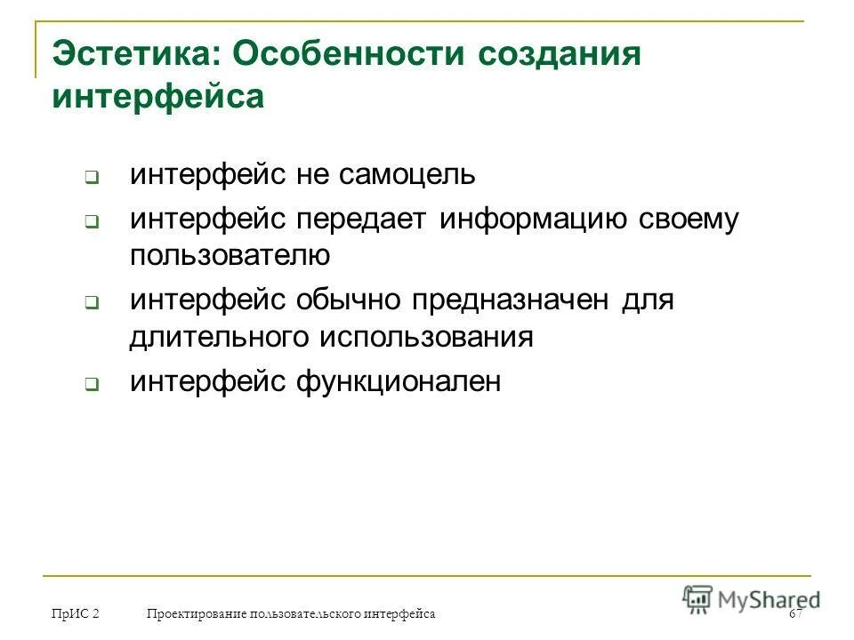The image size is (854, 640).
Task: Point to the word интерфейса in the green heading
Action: (158, 96)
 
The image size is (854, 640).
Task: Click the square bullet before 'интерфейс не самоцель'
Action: (92, 177)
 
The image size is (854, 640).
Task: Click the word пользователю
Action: (230, 256)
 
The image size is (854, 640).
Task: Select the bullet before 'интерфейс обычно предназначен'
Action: (92, 303)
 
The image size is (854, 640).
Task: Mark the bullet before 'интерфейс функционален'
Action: (92, 385)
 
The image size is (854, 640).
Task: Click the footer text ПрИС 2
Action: (76, 614)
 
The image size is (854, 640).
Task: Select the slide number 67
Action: (794, 614)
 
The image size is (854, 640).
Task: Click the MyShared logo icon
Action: (698, 597)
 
